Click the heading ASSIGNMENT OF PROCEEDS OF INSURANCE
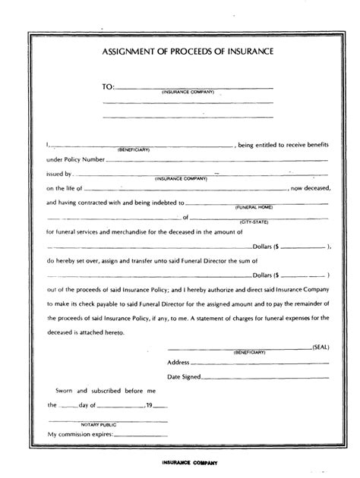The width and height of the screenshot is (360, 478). [x=182, y=52]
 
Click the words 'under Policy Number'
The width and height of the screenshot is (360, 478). [x=74, y=160]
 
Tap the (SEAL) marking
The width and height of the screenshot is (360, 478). [x=322, y=345]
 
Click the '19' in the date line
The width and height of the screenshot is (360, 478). [x=150, y=406]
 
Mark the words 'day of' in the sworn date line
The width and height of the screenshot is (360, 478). [x=97, y=406]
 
